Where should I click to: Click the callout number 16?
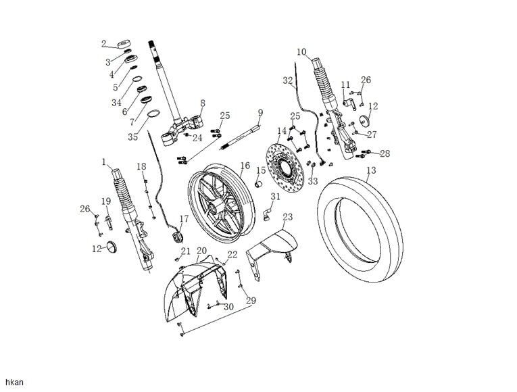(245, 166)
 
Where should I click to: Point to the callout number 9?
(260, 112)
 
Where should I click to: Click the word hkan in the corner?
(14, 383)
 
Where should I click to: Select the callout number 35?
(132, 137)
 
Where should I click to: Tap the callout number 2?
(104, 44)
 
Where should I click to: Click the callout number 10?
(301, 52)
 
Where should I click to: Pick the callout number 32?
(288, 80)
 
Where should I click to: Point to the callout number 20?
(201, 251)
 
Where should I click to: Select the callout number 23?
(288, 217)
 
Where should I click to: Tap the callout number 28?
(385, 154)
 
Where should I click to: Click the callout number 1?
(104, 162)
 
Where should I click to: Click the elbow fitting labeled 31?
(267, 214)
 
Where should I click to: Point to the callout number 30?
(228, 307)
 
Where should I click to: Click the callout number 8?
(202, 103)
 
